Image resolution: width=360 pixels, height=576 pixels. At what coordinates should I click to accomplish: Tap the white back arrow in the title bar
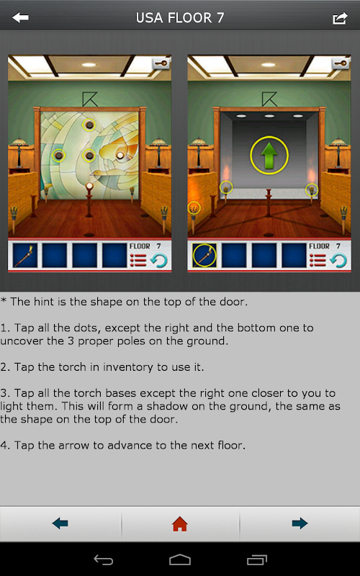point(20,17)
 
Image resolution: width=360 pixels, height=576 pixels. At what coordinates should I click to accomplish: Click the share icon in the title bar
point(340,18)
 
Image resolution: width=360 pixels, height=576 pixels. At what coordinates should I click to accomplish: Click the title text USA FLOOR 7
point(180,17)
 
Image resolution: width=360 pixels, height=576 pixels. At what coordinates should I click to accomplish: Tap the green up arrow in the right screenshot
point(269,156)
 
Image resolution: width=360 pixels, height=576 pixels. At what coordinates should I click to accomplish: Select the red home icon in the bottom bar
point(180,523)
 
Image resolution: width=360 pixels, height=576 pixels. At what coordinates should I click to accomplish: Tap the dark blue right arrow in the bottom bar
point(300,523)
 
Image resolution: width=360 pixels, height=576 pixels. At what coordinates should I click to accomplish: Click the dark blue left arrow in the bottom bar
point(60,523)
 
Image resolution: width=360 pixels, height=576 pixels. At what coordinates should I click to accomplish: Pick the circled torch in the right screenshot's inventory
point(204,256)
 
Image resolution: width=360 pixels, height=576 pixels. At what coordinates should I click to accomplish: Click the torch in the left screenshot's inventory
point(25,256)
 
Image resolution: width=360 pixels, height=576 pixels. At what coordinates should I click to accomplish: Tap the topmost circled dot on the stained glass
point(89,125)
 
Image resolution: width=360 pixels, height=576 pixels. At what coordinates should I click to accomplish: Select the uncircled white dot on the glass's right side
point(120,156)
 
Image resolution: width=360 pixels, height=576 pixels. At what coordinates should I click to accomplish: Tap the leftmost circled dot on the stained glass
point(58,156)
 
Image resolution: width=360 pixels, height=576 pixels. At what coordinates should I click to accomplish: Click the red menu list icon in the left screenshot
point(138,260)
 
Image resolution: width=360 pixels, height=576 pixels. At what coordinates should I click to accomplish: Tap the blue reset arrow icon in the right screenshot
point(338,260)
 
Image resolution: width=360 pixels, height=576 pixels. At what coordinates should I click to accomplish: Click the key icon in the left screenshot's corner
point(161,63)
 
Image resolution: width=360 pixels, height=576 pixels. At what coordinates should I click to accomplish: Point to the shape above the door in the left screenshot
point(88,99)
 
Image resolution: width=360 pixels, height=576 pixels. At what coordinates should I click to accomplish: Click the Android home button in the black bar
point(180,560)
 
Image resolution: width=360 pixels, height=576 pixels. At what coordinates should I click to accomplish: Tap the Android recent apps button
point(257,560)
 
